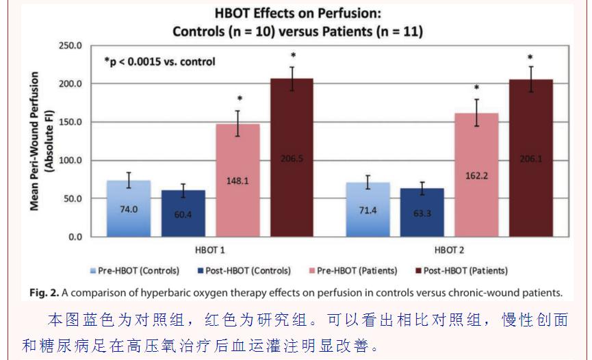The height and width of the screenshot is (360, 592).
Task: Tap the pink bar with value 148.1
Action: pyautogui.click(x=237, y=181)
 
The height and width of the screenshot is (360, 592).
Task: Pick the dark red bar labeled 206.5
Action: pyautogui.click(x=292, y=158)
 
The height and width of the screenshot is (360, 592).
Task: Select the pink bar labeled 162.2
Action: pyautogui.click(x=476, y=175)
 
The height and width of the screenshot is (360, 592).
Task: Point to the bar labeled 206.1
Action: pyautogui.click(x=530, y=158)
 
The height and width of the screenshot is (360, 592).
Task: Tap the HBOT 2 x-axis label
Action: pyautogui.click(x=449, y=250)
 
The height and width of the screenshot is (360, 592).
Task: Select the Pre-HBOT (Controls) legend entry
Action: pyautogui.click(x=135, y=270)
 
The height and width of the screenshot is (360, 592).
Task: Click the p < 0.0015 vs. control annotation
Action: pyautogui.click(x=159, y=62)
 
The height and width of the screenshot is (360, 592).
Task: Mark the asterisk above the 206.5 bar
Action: pyautogui.click(x=292, y=57)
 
